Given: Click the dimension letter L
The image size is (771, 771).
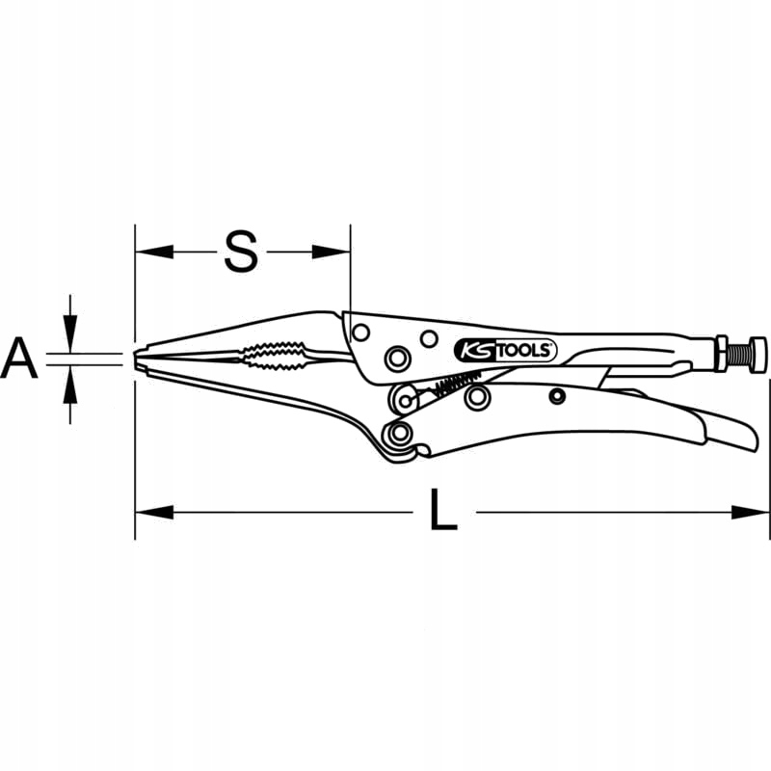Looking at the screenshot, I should click(x=442, y=512).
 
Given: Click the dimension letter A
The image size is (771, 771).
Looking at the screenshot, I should click(x=19, y=359).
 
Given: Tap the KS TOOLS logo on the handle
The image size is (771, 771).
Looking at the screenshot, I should click(x=503, y=349).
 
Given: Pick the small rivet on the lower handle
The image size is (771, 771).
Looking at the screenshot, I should click(x=556, y=395).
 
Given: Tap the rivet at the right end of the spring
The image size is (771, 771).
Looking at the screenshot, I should click(x=474, y=395).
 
